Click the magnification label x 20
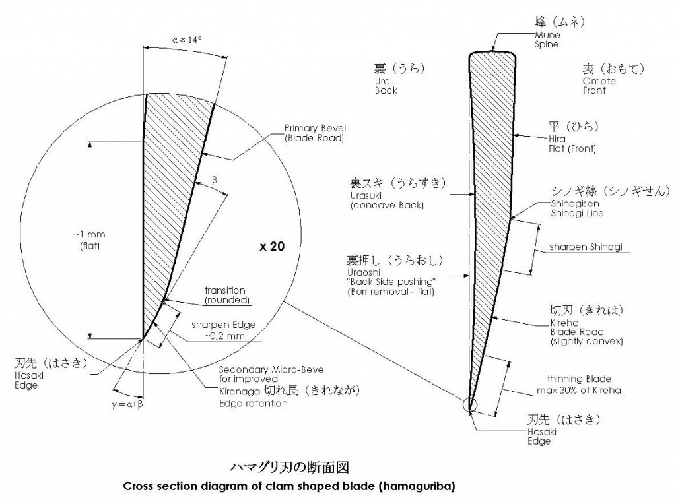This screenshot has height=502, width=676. click(x=272, y=246)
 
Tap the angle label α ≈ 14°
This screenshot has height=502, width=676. click(x=187, y=40)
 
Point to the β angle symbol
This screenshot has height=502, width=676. click(x=215, y=180)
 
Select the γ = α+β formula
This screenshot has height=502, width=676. click(x=127, y=404)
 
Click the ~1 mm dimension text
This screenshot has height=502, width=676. click(x=90, y=234)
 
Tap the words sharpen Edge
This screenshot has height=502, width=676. click(x=223, y=325)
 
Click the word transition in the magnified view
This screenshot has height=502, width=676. click(x=224, y=290)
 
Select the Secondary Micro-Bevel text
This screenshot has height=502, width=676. click(x=273, y=369)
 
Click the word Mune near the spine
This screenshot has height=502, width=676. click(x=547, y=35)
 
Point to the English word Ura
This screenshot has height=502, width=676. click(x=382, y=81)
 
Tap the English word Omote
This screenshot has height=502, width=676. click(x=599, y=81)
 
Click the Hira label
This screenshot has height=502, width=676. click(x=557, y=139)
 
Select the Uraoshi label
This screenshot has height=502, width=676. click(x=364, y=272)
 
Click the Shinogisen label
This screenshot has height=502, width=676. click(x=575, y=203)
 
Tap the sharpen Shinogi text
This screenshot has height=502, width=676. click(x=586, y=247)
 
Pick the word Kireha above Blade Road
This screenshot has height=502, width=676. click(x=564, y=323)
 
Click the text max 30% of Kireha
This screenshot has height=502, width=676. click(x=578, y=391)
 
